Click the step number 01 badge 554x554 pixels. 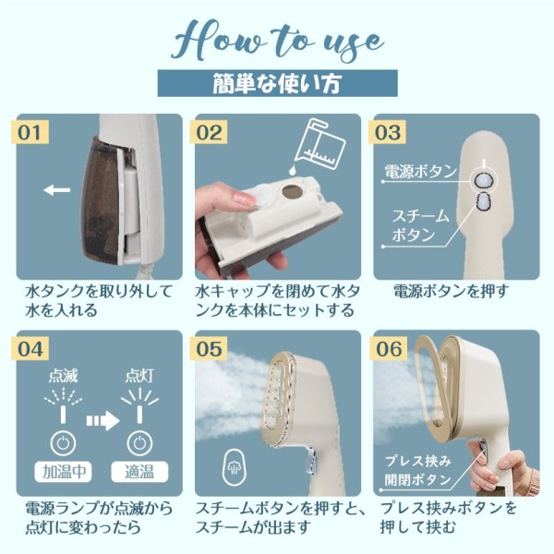click(x=30, y=132)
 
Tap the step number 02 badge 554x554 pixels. click(x=209, y=132)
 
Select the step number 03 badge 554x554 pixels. click(x=387, y=132)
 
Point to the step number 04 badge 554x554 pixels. click(x=30, y=349)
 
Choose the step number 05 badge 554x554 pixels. click(x=209, y=349)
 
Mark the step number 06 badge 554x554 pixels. click(x=388, y=349)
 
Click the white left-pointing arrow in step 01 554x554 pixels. click(x=57, y=190)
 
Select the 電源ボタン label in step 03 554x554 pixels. click(x=420, y=172)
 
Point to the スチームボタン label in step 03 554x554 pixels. click(x=420, y=224)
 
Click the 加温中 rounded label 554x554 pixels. click(x=63, y=472)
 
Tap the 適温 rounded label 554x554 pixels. click(x=139, y=472)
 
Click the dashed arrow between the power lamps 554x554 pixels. click(x=102, y=420)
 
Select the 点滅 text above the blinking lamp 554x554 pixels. click(x=63, y=376)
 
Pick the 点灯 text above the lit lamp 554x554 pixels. click(x=139, y=376)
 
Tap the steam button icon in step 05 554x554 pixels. click(x=235, y=467)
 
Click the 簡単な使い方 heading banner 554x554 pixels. click(x=277, y=83)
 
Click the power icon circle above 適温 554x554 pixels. click(x=139, y=443)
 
